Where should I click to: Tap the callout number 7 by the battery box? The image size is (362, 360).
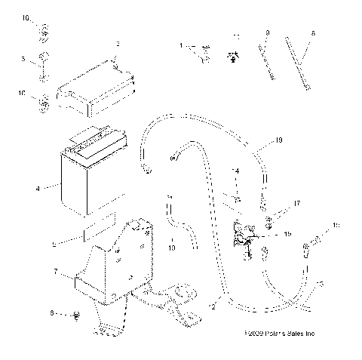point(54,270)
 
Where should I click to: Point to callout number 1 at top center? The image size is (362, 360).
point(182,46)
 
